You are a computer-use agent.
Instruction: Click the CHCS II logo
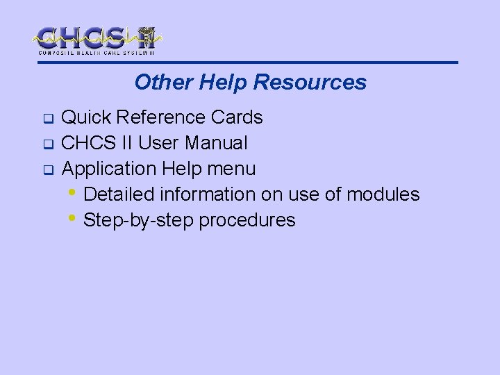(98, 40)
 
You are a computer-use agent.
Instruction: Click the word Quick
(85, 117)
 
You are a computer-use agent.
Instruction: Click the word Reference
(158, 117)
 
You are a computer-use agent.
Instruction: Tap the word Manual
(215, 143)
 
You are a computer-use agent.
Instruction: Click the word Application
(109, 169)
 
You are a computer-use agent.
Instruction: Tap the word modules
(383, 194)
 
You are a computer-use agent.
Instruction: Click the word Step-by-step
(138, 220)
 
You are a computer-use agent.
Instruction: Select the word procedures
(247, 221)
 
